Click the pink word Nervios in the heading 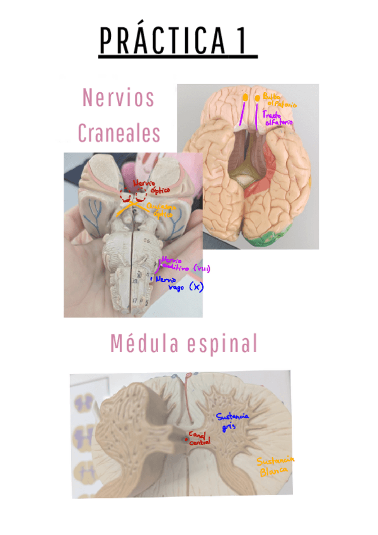[x=118, y=98]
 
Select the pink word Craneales [x=118, y=133]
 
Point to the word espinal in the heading [x=222, y=344]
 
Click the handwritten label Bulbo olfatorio [x=279, y=101]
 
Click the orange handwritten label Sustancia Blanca [x=276, y=465]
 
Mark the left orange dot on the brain [x=244, y=98]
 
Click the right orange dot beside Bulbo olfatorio [x=258, y=98]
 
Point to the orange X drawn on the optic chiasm [x=130, y=203]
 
